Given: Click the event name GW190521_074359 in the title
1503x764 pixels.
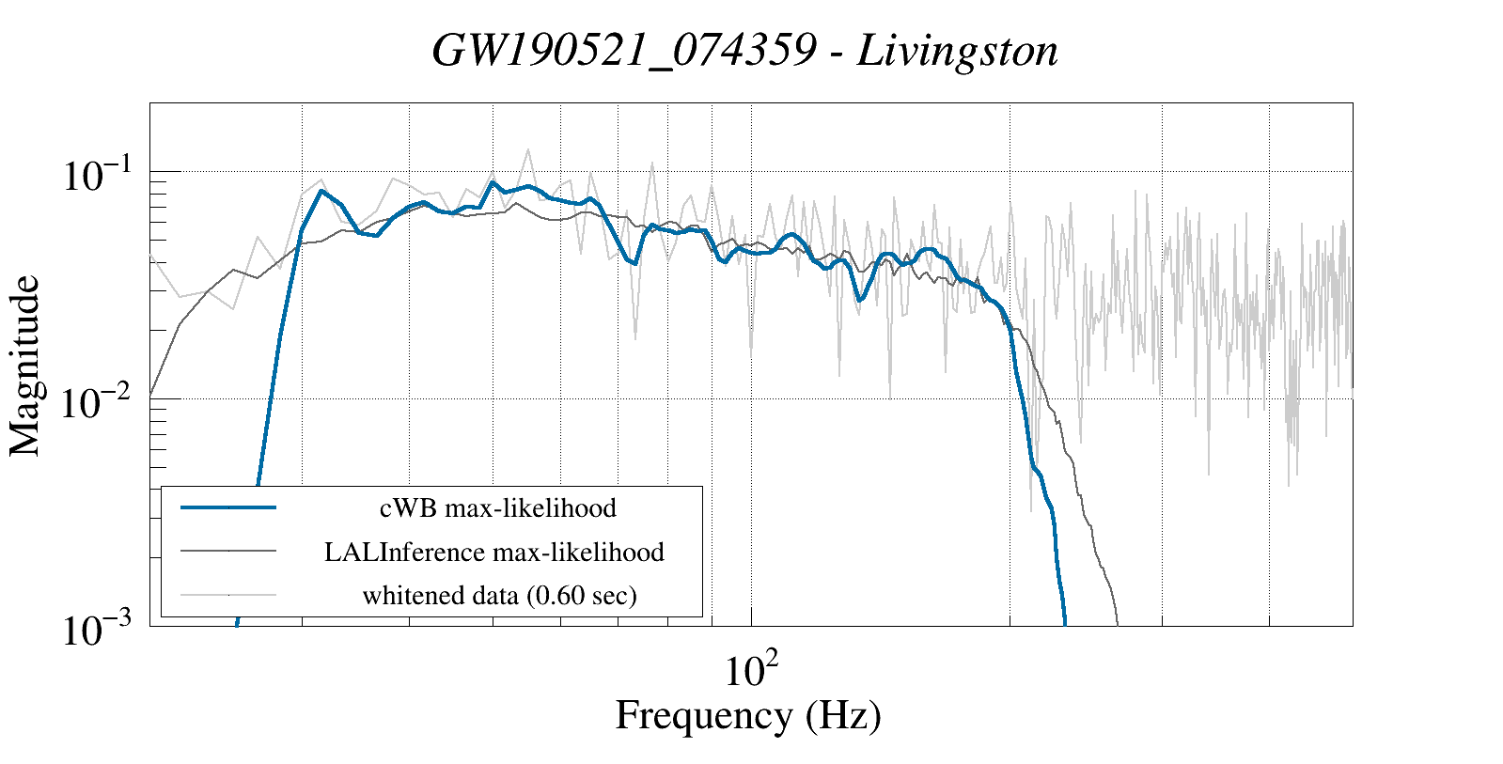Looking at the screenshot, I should click(623, 51).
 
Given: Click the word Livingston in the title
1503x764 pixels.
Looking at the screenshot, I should click(957, 51).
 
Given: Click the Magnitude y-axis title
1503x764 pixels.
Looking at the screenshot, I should click(25, 366).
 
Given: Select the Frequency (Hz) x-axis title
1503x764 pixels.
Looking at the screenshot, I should click(748, 715).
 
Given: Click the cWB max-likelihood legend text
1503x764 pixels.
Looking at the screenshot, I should click(497, 508).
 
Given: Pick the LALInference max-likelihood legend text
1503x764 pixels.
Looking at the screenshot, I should click(494, 552).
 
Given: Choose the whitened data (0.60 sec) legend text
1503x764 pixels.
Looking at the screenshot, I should click(499, 595).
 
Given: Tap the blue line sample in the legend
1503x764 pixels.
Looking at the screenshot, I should click(228, 507).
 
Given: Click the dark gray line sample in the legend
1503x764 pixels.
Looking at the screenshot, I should click(228, 551).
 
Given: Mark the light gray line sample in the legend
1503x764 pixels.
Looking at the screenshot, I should click(228, 594).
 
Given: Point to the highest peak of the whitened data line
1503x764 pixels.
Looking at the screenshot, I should click(528, 149).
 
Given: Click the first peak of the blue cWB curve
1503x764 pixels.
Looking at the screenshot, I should click(321, 191).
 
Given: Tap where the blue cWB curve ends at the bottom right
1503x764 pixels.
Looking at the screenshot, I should click(1065, 622).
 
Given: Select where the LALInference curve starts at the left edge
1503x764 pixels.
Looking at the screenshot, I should click(151, 396).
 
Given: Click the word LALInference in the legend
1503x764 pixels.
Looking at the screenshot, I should click(404, 552).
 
